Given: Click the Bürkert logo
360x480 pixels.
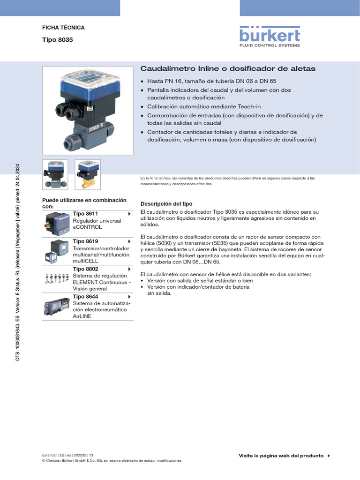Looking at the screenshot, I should (270, 36).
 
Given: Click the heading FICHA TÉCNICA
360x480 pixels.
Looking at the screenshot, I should (63, 28).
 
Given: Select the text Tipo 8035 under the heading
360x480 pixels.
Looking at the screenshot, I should (58, 40).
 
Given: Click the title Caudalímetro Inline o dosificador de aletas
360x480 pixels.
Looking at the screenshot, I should (228, 68).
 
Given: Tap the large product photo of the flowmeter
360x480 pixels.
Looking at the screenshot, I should (88, 110).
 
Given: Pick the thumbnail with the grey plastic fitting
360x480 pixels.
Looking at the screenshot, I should (55, 174).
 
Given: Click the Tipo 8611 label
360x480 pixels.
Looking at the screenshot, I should (85, 214).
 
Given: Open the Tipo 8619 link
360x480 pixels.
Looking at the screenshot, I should (85, 241).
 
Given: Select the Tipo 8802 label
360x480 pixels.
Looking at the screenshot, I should (85, 269).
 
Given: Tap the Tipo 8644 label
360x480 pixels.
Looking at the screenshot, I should (85, 297).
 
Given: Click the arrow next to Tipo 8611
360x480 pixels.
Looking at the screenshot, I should (129, 214).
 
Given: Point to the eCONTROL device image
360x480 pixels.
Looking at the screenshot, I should (57, 224).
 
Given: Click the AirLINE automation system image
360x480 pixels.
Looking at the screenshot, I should (57, 307).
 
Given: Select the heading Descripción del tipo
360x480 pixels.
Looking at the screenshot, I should (166, 204).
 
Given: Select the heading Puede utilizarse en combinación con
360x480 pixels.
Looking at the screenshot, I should (84, 203).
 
